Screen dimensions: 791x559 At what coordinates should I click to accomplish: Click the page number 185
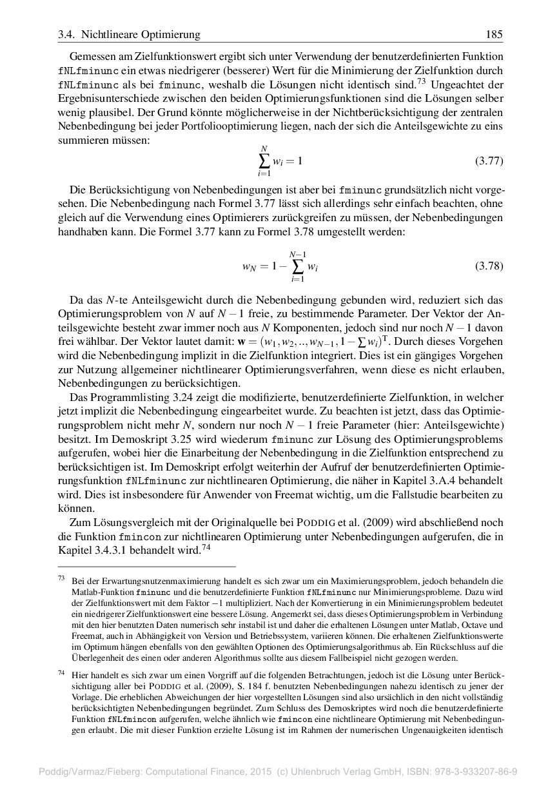click(x=495, y=34)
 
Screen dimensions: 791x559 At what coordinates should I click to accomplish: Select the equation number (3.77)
click(x=489, y=161)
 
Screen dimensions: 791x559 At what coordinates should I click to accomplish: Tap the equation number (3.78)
click(x=489, y=266)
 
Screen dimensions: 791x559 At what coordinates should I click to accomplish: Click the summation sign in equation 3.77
click(x=264, y=161)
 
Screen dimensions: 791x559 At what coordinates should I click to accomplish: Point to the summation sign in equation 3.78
click(x=297, y=266)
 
